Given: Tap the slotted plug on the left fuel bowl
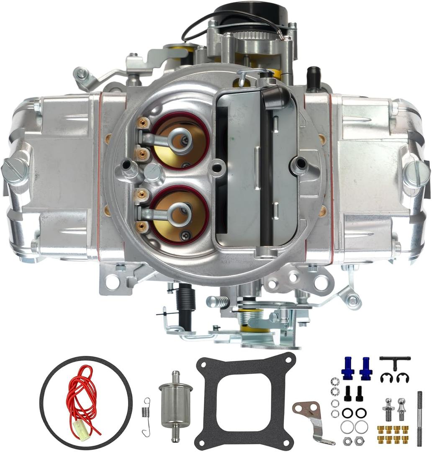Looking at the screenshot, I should (x=15, y=172).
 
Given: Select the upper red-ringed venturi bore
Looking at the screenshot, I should (x=180, y=140).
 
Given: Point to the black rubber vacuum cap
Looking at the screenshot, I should (x=313, y=78).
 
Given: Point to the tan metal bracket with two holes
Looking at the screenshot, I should (x=310, y=414).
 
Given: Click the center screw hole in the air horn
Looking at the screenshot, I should (x=216, y=168).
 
